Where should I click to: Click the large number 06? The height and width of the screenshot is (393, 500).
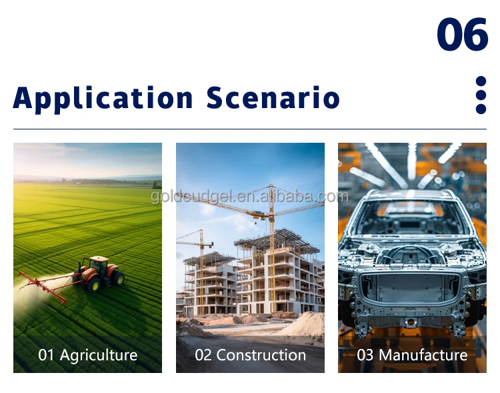(463, 34)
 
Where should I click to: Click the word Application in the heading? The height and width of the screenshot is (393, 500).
(103, 99)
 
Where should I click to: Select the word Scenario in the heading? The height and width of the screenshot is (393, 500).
(273, 97)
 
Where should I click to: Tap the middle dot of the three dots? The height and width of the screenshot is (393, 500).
(481, 95)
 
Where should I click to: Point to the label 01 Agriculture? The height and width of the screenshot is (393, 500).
(88, 355)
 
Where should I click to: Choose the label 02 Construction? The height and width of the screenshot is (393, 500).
(250, 355)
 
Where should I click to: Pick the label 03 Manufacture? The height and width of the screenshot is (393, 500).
(412, 355)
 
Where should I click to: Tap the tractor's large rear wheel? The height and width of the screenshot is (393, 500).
(94, 284)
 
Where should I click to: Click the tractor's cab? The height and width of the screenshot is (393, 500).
(98, 266)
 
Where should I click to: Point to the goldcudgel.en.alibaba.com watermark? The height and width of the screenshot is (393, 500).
(250, 196)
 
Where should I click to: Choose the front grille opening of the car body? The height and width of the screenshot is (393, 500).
(411, 288)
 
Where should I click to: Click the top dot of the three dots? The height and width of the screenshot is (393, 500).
(481, 81)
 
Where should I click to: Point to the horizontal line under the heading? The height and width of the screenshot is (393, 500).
(250, 129)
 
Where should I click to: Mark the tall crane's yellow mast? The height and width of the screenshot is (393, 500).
(272, 249)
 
